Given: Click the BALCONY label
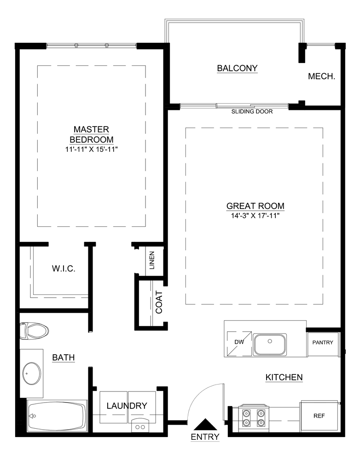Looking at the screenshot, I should [237, 69].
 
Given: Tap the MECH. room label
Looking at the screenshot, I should [321, 76].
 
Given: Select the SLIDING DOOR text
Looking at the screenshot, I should [252, 111].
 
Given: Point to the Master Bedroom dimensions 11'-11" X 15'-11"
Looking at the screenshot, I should [92, 149].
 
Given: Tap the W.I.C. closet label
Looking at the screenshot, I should [63, 268].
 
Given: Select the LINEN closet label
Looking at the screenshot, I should [152, 260].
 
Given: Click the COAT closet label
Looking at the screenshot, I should [159, 302].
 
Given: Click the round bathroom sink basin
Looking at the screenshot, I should [31, 374].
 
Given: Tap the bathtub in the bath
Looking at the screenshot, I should [57, 416].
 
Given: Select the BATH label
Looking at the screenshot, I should [64, 357].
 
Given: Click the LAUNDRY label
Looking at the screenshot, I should [127, 406].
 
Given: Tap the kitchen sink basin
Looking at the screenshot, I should [270, 344].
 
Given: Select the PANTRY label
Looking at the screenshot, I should [325, 343].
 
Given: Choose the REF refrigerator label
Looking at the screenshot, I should [319, 416].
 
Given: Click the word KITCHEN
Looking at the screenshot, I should [284, 378].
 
